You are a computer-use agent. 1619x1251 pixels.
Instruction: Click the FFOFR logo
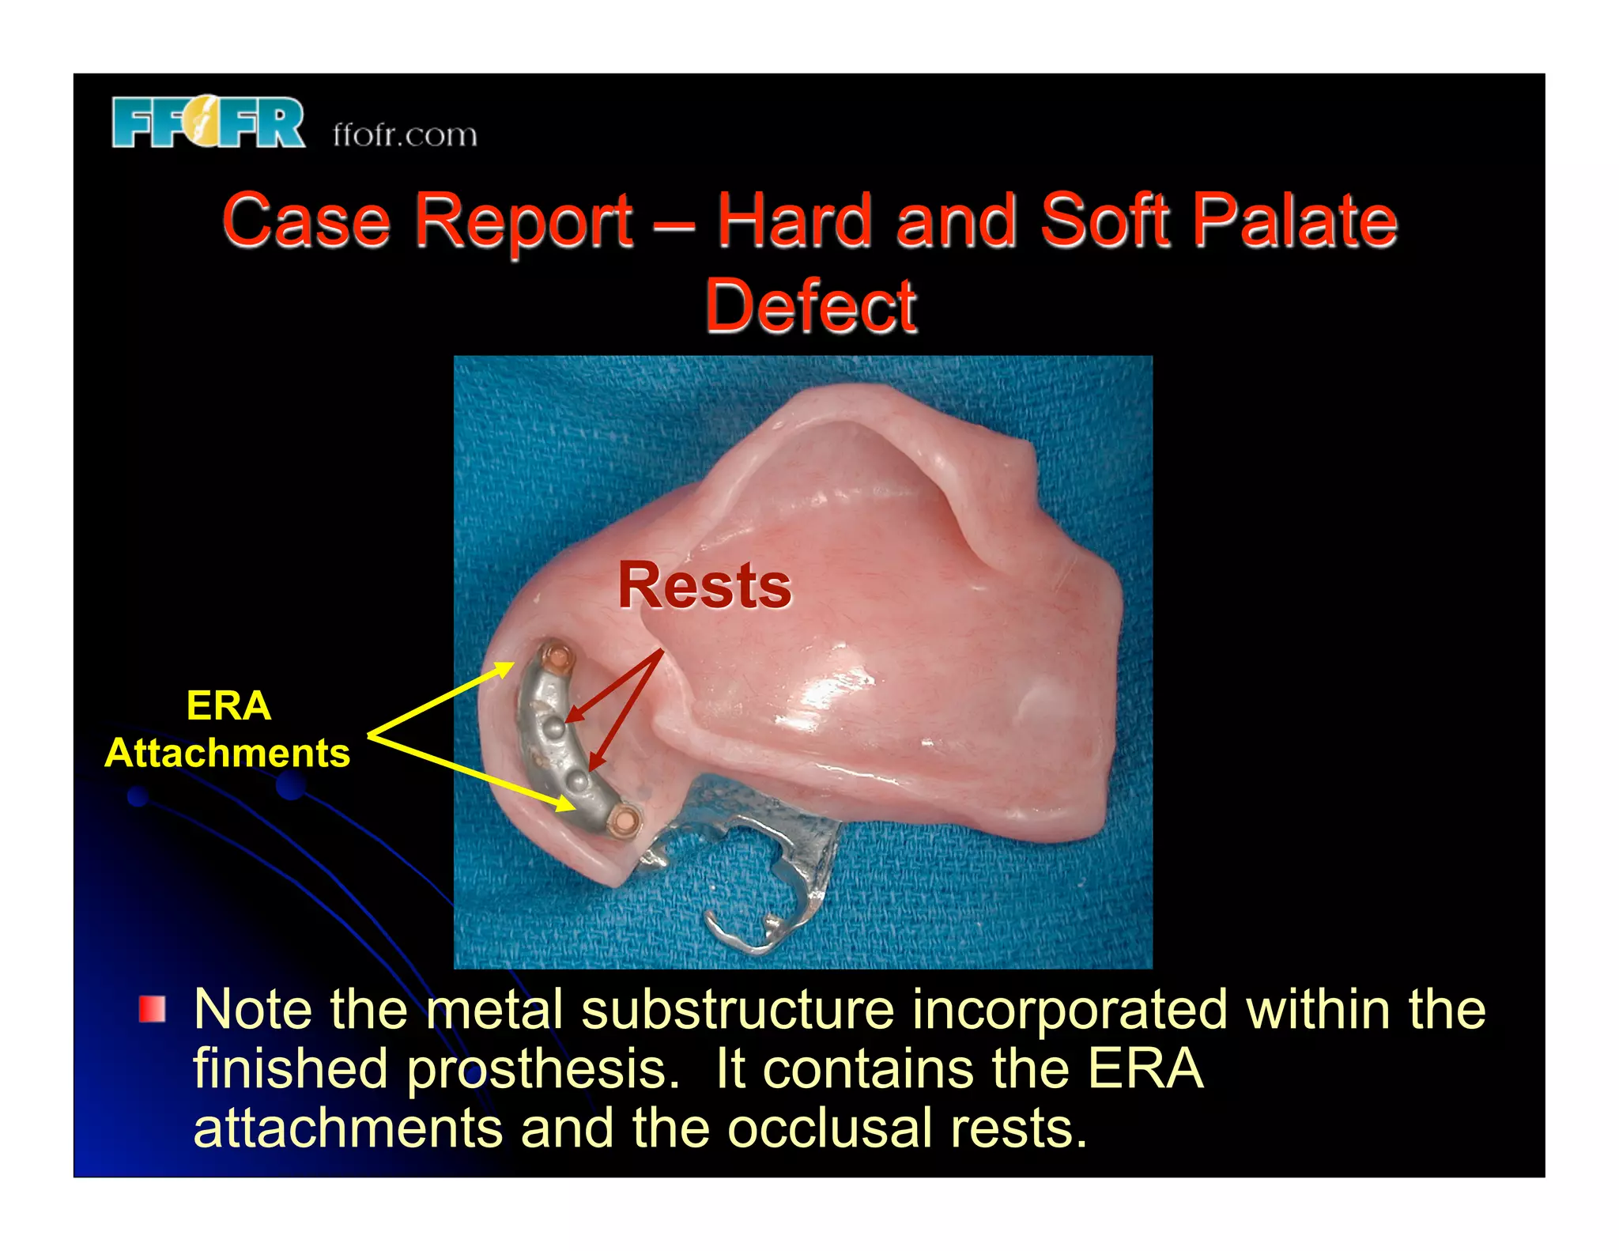pyautogui.click(x=208, y=123)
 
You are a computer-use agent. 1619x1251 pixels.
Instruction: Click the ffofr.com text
pyautogui.click(x=405, y=135)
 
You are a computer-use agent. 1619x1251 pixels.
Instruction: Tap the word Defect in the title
pyautogui.click(x=810, y=306)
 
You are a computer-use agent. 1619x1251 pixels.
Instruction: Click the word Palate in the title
pyautogui.click(x=1294, y=221)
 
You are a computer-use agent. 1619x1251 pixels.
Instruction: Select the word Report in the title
pyautogui.click(x=523, y=221)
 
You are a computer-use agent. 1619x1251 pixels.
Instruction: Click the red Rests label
pyautogui.click(x=704, y=586)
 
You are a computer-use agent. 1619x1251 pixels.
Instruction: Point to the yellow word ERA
pyautogui.click(x=228, y=705)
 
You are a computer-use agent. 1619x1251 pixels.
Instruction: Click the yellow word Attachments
pyautogui.click(x=228, y=752)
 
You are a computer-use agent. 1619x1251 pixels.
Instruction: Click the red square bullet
pyautogui.click(x=152, y=1010)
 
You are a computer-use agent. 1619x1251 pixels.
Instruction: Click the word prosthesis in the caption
pyautogui.click(x=542, y=1069)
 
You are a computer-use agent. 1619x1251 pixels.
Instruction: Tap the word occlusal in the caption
pyautogui.click(x=829, y=1128)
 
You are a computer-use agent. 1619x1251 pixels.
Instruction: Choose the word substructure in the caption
pyautogui.click(x=738, y=1010)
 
